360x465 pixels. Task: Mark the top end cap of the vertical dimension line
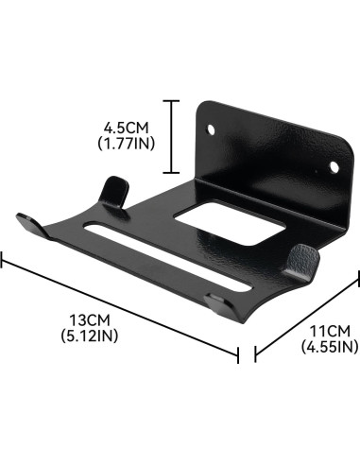click(x=171, y=101)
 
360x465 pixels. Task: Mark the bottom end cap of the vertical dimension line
click(x=171, y=173)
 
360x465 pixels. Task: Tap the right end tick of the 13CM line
click(x=238, y=352)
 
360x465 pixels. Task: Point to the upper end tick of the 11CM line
click(x=357, y=279)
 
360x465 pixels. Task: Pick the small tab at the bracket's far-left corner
click(x=31, y=228)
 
